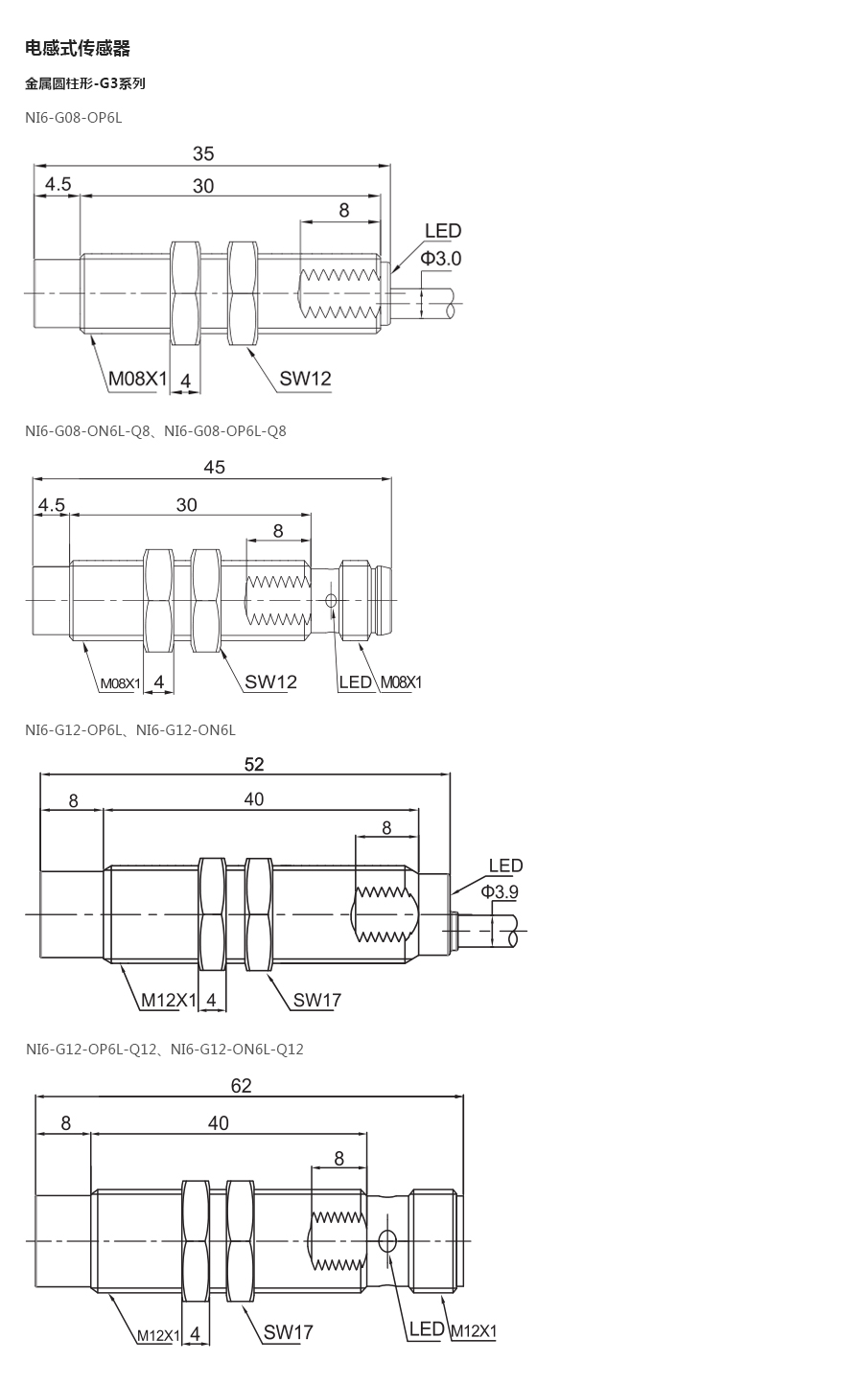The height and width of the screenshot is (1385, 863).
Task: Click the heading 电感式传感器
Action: pos(78,48)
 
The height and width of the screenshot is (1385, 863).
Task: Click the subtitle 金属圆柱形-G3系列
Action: pos(84,83)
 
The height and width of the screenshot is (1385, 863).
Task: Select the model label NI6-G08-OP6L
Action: pos(74,118)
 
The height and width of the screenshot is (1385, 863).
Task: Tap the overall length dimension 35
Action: pos(203,153)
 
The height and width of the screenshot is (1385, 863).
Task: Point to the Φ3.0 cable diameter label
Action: pos(441,258)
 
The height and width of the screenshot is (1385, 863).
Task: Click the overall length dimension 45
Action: pos(214,467)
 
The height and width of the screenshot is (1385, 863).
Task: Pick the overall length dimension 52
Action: pos(254,764)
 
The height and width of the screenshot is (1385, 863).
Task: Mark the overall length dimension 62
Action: pos(242,1086)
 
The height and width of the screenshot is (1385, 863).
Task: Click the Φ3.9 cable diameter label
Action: pos(500,891)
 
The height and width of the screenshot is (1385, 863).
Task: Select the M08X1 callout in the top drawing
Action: pos(138,379)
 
